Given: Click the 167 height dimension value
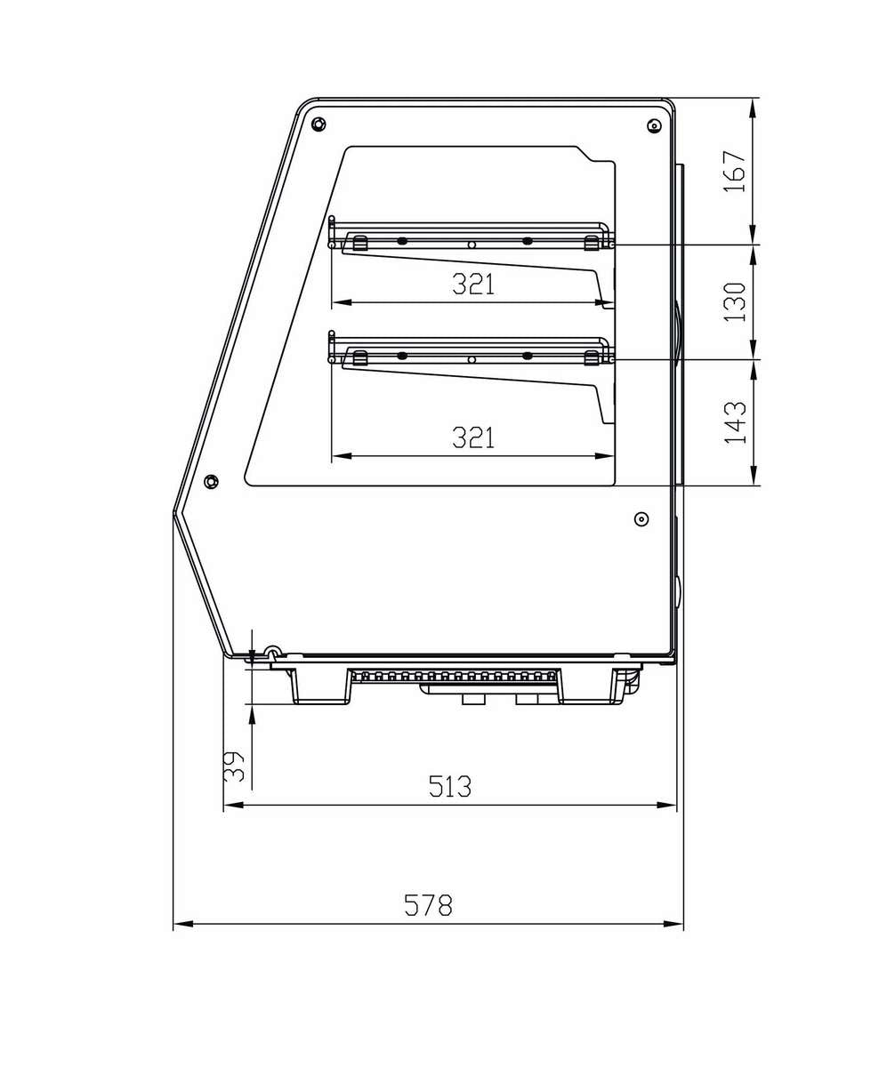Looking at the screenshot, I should tap(735, 171).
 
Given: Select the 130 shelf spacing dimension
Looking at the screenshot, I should tap(735, 301).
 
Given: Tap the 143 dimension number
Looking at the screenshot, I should tap(735, 422).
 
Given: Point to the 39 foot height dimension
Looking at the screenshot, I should tap(234, 766).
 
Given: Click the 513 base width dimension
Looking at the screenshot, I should tap(449, 787).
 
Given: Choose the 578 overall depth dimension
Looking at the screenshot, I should tap(428, 905).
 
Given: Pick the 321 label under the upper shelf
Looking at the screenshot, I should tap(472, 285).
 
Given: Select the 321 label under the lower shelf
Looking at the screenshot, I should tap(472, 437).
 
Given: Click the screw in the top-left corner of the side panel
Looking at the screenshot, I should tap(318, 124).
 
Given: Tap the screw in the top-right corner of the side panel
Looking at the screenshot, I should tap(654, 126).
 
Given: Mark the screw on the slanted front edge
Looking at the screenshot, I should tap(211, 481).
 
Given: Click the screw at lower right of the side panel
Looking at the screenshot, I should tap(641, 518).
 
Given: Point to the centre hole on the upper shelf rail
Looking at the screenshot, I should tap(472, 244).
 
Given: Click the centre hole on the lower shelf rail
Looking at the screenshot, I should tap(472, 359).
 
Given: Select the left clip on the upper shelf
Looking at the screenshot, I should tap(359, 243).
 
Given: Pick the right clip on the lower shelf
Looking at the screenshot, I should tap(591, 357).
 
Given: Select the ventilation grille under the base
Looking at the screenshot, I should tap(454, 677).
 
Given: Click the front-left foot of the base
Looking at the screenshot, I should tap(320, 686).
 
